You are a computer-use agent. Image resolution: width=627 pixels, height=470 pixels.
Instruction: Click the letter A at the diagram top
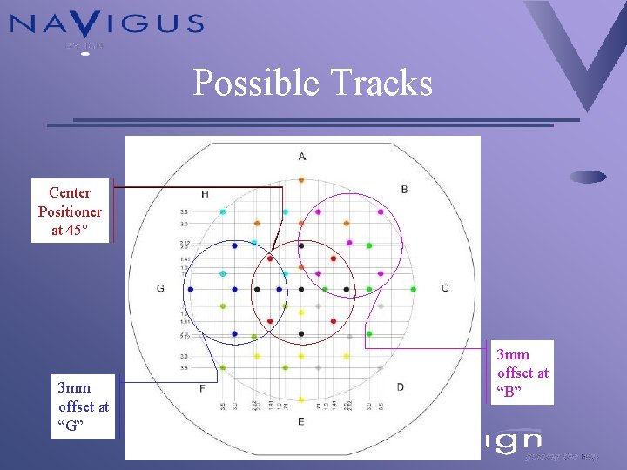click(301, 157)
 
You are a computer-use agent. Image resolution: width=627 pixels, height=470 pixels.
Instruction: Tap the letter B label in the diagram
click(404, 189)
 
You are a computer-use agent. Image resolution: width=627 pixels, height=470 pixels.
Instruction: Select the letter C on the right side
click(445, 288)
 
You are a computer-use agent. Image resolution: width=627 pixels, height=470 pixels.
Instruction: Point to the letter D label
click(400, 386)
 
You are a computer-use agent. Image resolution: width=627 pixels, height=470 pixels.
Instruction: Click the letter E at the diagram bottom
click(300, 421)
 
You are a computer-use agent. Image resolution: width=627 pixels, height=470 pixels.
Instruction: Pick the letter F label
click(202, 387)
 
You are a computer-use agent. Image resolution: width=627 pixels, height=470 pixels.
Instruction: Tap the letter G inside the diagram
click(160, 288)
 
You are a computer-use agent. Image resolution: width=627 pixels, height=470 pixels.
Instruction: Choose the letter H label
click(205, 193)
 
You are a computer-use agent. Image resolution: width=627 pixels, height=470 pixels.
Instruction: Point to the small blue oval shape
click(590, 177)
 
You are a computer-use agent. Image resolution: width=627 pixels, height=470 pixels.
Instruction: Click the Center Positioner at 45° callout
click(70, 211)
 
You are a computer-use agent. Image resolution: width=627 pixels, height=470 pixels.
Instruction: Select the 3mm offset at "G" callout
click(84, 406)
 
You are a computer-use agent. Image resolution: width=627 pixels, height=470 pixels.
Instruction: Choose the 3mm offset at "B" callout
click(522, 373)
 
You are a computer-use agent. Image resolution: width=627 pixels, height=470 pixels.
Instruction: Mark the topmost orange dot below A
click(300, 180)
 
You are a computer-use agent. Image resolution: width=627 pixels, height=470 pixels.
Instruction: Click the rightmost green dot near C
click(413, 289)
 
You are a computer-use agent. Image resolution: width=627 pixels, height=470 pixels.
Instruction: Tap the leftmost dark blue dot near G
click(190, 289)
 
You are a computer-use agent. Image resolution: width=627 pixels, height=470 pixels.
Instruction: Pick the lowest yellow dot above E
click(300, 400)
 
